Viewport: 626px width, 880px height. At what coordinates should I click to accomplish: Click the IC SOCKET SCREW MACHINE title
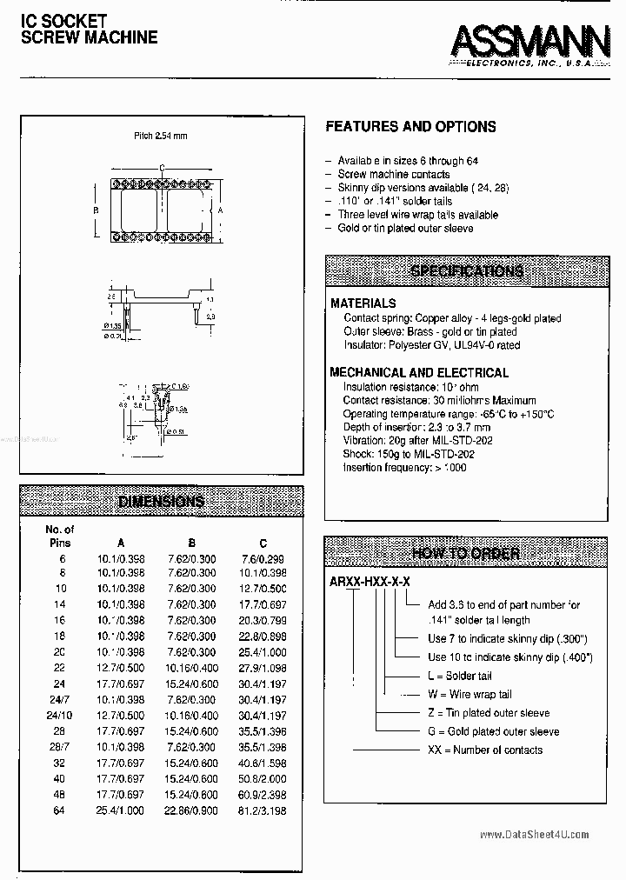[89, 29]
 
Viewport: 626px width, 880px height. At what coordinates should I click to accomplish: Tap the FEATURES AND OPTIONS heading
[410, 127]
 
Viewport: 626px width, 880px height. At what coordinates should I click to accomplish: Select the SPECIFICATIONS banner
[466, 271]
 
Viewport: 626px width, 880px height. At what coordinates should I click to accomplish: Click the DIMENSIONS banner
[161, 501]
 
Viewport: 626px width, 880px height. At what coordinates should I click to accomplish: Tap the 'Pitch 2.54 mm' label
[161, 137]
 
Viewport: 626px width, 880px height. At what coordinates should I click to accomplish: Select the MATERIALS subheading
[363, 303]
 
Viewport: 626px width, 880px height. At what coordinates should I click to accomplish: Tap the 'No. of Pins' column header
[60, 536]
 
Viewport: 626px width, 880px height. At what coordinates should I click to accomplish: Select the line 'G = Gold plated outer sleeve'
[492, 731]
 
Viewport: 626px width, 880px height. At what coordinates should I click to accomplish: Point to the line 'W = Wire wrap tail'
[470, 695]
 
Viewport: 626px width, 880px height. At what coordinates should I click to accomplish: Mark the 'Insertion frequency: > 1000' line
[404, 468]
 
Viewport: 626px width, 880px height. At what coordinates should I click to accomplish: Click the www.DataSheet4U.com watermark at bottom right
[534, 835]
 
